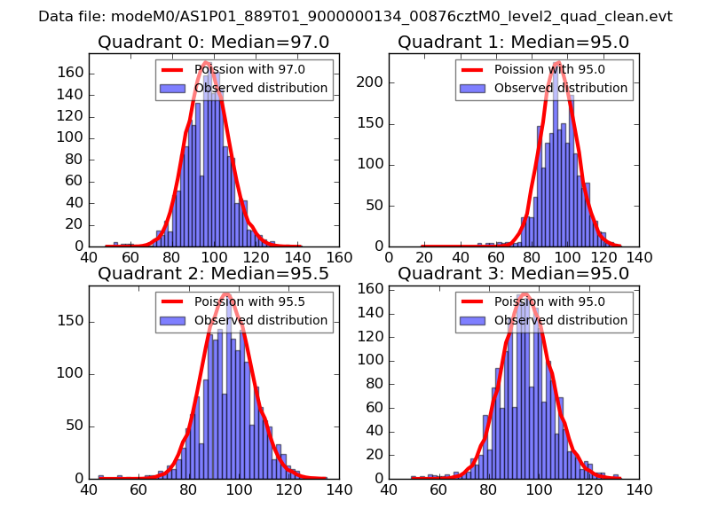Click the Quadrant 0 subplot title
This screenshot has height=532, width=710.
click(x=213, y=42)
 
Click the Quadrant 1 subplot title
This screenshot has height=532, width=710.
click(x=513, y=42)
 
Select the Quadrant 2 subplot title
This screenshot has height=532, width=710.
click(x=213, y=274)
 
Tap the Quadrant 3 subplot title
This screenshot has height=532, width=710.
click(x=513, y=274)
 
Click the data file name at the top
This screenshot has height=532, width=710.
click(x=355, y=16)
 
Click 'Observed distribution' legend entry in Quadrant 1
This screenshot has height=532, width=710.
click(x=561, y=89)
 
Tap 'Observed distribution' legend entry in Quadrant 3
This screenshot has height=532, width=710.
click(x=561, y=321)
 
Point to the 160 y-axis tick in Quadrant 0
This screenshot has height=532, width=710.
click(x=70, y=73)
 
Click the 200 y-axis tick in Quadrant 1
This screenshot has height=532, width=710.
click(x=371, y=82)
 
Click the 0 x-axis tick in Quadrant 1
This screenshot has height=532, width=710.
click(x=390, y=257)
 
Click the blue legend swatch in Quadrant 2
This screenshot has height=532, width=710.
click(x=173, y=321)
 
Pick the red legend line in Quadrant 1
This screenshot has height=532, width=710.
click(x=473, y=70)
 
